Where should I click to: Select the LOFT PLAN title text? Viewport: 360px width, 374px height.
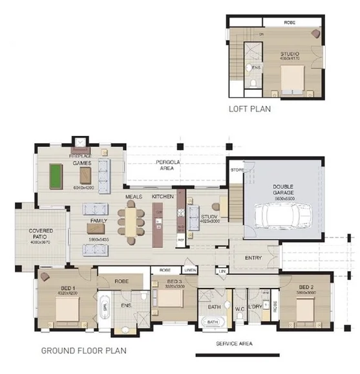249,109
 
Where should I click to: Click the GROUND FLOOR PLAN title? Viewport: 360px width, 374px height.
83,351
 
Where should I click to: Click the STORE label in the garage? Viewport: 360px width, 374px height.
237,170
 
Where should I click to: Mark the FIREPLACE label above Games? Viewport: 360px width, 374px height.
79,157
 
